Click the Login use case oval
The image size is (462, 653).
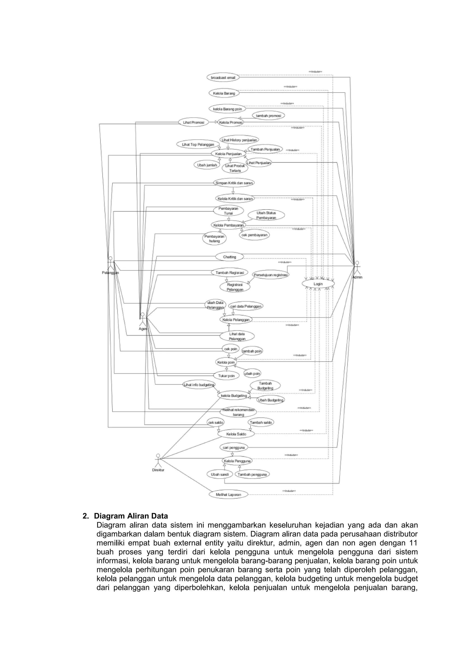318,284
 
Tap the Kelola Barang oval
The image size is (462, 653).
224,93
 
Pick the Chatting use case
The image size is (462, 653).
230,257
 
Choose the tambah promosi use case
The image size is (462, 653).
268,116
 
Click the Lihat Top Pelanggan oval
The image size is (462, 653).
198,145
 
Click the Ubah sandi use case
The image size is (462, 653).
220,474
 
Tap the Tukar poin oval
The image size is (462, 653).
226,376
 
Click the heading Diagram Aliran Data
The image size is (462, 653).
131,516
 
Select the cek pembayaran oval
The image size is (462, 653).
254,235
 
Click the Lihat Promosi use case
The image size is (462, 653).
194,122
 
